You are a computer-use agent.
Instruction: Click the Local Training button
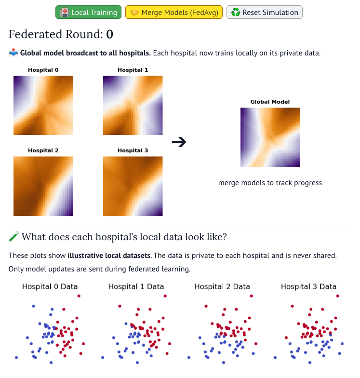(x=89, y=12)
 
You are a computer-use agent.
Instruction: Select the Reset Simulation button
(x=264, y=12)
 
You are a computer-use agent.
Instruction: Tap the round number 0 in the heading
(x=109, y=34)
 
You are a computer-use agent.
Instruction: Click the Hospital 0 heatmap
(x=43, y=105)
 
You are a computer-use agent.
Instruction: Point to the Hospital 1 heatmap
(x=133, y=105)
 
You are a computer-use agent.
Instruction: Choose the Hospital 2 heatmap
(x=43, y=186)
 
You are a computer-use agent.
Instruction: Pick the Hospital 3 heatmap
(x=133, y=186)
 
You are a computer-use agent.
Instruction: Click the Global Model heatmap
(x=270, y=137)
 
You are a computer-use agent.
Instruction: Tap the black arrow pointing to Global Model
(x=179, y=142)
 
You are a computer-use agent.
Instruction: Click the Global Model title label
(x=270, y=102)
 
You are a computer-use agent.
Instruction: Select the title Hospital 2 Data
(x=222, y=286)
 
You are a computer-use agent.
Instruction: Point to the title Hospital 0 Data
(x=50, y=286)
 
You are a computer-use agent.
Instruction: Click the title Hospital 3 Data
(x=308, y=286)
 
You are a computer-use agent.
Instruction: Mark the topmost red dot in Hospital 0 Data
(x=79, y=296)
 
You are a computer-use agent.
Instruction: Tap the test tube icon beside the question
(x=13, y=237)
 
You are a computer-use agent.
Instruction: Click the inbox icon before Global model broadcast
(x=13, y=53)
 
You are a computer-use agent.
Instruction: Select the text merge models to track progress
(x=270, y=183)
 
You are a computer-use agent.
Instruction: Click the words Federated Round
(x=55, y=34)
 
